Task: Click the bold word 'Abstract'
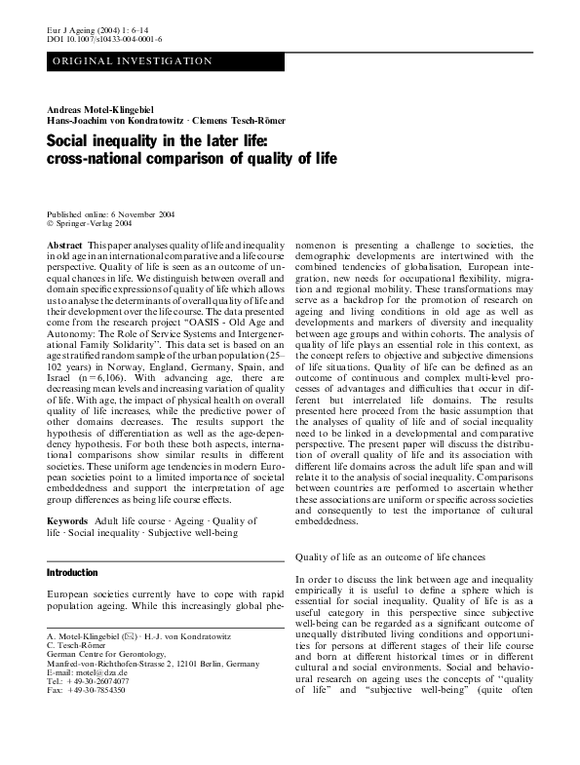64,246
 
